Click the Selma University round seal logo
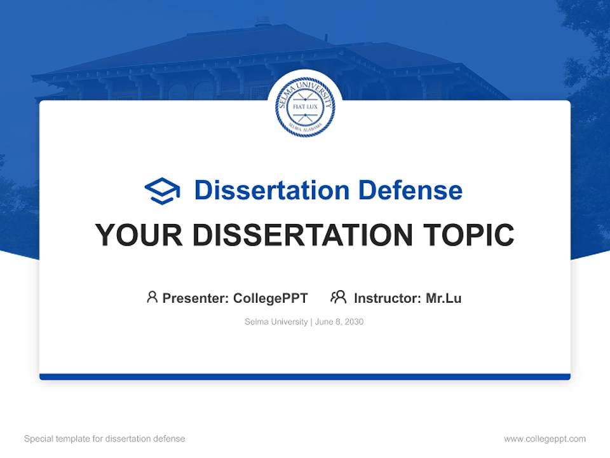tap(305, 107)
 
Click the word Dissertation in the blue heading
tap(271, 190)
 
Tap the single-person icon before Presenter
tap(152, 297)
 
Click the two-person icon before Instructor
tap(339, 297)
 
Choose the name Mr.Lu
tap(444, 298)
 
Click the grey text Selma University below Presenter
tap(276, 322)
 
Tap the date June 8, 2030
tap(339, 322)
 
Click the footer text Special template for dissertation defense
tap(105, 439)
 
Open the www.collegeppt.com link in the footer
tap(545, 439)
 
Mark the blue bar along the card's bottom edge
tap(305, 377)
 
